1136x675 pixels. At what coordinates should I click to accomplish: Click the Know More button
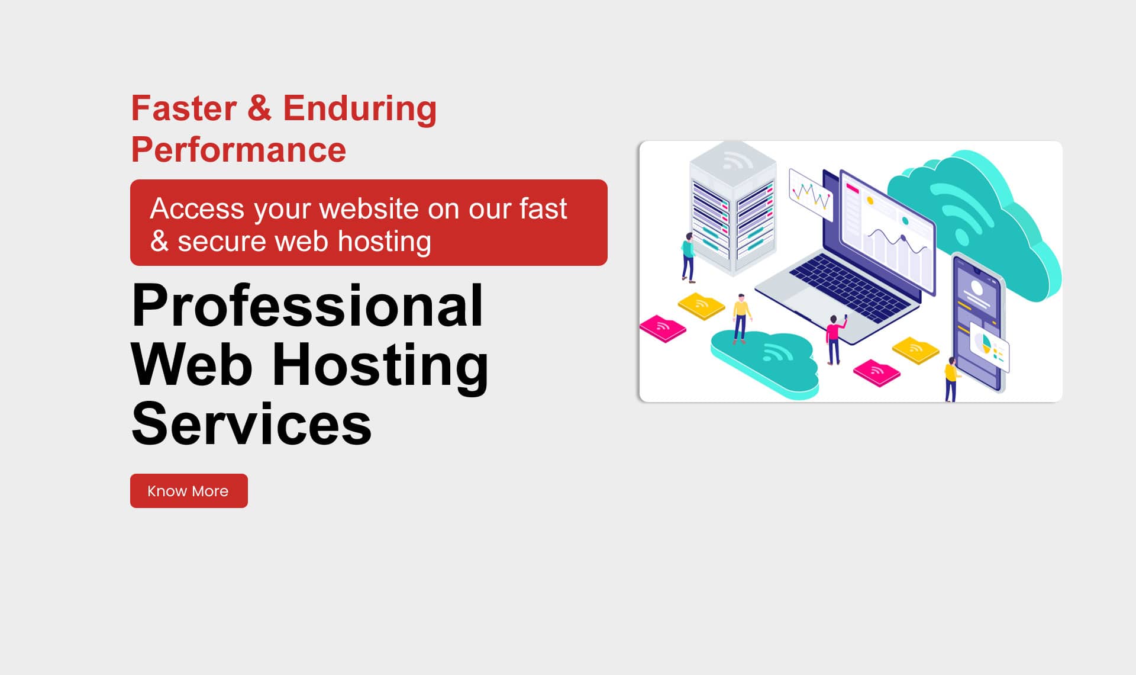[x=189, y=491]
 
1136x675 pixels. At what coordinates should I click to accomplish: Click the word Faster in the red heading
[x=183, y=108]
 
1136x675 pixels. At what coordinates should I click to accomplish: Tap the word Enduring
[x=360, y=108]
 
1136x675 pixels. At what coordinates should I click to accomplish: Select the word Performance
[x=238, y=150]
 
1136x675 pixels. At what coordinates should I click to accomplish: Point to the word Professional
[x=307, y=306]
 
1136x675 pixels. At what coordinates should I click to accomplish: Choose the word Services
[x=251, y=424]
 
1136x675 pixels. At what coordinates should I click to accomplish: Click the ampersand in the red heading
[x=259, y=108]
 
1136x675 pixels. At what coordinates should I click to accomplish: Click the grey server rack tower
[x=733, y=207]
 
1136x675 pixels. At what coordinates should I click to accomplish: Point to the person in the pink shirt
[x=834, y=339]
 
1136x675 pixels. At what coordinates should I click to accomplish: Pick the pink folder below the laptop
[x=876, y=372]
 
